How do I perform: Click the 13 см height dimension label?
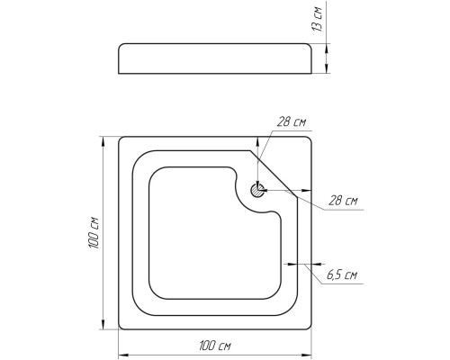coord(317,19)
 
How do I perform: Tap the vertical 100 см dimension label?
coord(94,232)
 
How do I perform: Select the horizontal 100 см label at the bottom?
coord(215,346)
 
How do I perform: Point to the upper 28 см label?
coord(291,122)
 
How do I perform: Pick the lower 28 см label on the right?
coord(343,200)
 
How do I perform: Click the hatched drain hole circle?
coord(257,190)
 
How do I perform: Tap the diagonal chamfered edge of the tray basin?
coord(274,174)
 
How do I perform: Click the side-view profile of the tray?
coord(215,58)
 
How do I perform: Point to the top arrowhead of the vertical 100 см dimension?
coord(103,141)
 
